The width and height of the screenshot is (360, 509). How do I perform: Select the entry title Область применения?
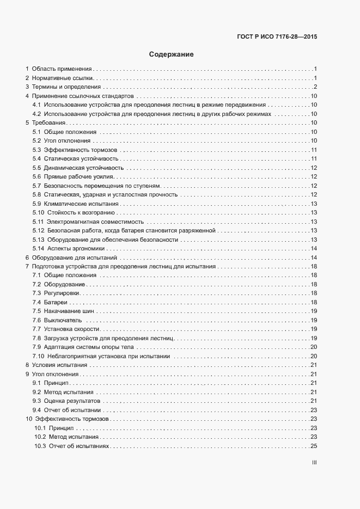62,69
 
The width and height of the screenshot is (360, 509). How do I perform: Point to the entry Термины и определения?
66,87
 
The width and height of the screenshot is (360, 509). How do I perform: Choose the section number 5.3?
37,150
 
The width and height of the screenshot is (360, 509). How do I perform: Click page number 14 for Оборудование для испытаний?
314,257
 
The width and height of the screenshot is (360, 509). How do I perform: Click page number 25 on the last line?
314,446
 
